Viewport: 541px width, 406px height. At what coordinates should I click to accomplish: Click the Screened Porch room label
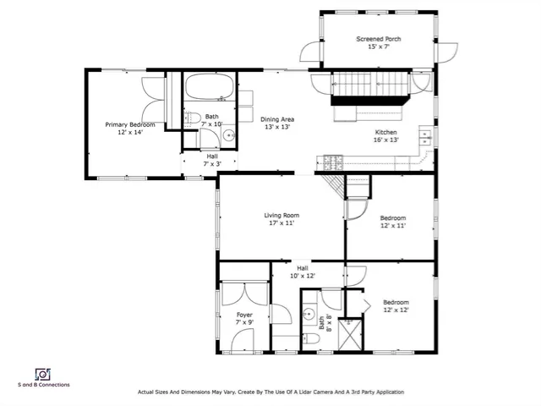pyautogui.click(x=378, y=39)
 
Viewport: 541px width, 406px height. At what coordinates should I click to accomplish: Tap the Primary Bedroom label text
pyautogui.click(x=129, y=124)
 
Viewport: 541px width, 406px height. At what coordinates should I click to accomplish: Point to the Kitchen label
pyautogui.click(x=385, y=132)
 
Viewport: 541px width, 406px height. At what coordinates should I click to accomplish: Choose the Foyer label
pyautogui.click(x=244, y=315)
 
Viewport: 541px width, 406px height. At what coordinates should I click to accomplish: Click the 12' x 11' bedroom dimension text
pyautogui.click(x=393, y=226)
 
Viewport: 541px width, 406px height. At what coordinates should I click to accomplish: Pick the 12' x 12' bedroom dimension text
pyautogui.click(x=396, y=310)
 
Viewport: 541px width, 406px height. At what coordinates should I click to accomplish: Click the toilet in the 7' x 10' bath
pyautogui.click(x=192, y=118)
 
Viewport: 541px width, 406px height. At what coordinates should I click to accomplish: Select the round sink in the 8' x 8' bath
pyautogui.click(x=309, y=313)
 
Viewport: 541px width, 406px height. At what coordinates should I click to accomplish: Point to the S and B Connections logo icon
pyautogui.click(x=42, y=374)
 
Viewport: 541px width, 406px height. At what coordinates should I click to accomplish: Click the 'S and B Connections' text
pyautogui.click(x=43, y=385)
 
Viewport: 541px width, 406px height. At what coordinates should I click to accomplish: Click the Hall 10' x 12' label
pyautogui.click(x=303, y=272)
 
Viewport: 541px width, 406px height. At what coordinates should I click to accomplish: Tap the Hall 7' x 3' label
pyautogui.click(x=212, y=159)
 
